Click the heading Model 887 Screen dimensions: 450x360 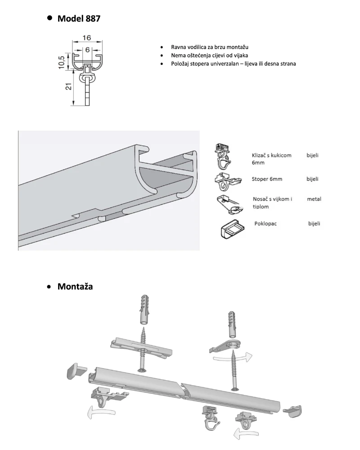pos(79,19)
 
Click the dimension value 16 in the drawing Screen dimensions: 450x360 pos(87,38)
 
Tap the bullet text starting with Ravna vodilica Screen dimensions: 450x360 pos(210,47)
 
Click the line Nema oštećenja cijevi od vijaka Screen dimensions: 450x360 pos(209,55)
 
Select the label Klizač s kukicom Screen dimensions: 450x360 pos(271,155)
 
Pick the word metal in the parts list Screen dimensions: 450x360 pos(314,199)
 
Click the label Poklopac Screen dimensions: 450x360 pos(266,223)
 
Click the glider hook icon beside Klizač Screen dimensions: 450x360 pos(224,155)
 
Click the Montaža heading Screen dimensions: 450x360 pos(75,286)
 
